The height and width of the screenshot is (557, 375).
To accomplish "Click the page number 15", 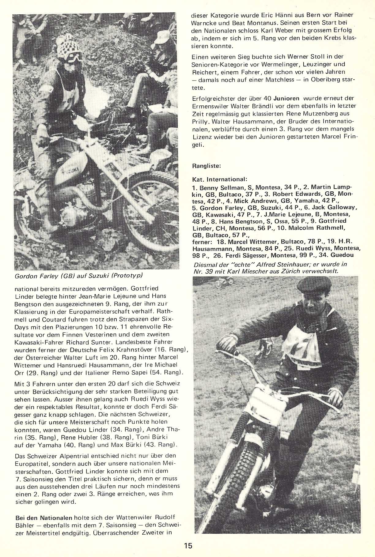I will click(x=188, y=545).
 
